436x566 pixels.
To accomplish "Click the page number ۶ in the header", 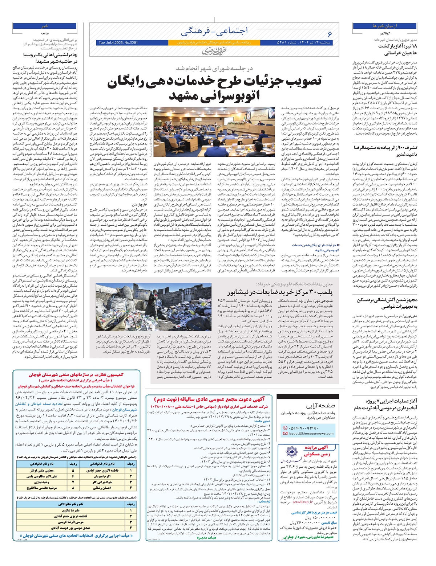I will click(330, 34).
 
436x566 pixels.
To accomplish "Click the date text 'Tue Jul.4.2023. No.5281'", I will click(118, 43).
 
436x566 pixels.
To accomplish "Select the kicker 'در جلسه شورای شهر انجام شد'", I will click(214, 68).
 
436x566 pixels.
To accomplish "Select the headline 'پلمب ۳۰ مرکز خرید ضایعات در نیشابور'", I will click(280, 292).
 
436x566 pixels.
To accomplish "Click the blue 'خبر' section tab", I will click(45, 26).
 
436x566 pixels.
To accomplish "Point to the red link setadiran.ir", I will click(302, 502).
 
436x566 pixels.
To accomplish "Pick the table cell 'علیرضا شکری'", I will click(70, 510).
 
